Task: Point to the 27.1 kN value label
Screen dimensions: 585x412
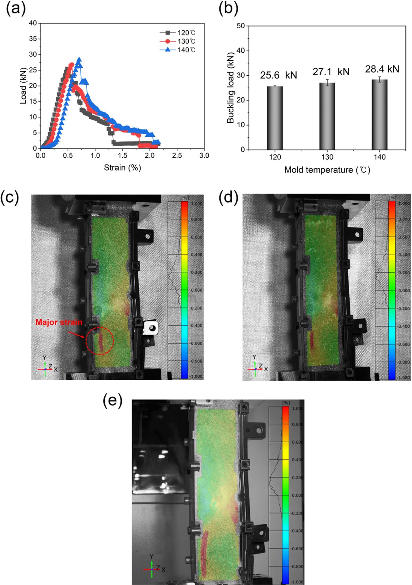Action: [x=331, y=72]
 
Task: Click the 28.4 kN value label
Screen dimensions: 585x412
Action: [x=382, y=69]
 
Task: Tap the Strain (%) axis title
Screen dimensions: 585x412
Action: [x=122, y=168]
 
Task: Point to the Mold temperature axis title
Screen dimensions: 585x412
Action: [x=327, y=170]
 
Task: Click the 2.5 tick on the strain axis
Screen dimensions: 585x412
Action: [x=177, y=156]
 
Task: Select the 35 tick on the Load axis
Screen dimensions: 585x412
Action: [x=32, y=39]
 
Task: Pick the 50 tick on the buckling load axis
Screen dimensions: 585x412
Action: [x=240, y=26]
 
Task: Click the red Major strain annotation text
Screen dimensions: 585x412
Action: [x=59, y=322]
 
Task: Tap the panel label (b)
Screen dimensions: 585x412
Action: [x=228, y=8]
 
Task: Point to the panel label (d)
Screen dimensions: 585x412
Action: [x=228, y=198]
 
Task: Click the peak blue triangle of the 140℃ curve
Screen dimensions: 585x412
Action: [x=79, y=60]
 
